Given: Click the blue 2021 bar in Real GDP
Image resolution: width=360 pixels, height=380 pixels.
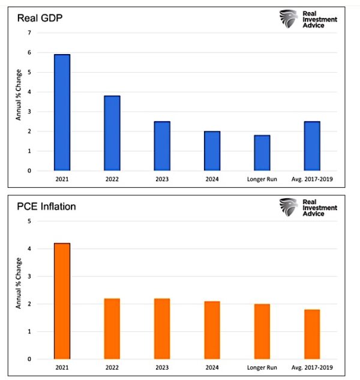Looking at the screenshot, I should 62,113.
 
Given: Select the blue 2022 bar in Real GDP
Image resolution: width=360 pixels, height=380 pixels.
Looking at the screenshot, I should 112,133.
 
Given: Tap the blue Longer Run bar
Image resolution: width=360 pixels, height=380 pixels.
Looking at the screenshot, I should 262,153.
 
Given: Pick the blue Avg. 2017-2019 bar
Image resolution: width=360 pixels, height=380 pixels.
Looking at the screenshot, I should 311,146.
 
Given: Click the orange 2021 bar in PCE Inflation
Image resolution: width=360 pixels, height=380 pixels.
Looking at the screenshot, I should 62,301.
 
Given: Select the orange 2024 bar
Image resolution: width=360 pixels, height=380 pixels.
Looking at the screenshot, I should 212,330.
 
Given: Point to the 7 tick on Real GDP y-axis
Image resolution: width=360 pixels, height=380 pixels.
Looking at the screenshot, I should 29,32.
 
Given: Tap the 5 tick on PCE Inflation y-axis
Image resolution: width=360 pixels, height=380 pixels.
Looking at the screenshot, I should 29,221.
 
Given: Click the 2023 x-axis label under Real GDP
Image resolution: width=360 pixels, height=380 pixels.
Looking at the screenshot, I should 161,179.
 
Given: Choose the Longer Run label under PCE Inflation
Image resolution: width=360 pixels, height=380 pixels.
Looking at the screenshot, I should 262,368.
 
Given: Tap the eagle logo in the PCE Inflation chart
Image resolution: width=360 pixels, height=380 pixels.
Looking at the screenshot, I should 288,207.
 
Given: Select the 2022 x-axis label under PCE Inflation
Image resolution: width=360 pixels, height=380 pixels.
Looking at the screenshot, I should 112,368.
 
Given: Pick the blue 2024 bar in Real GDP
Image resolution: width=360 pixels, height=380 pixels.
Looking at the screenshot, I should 212,151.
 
